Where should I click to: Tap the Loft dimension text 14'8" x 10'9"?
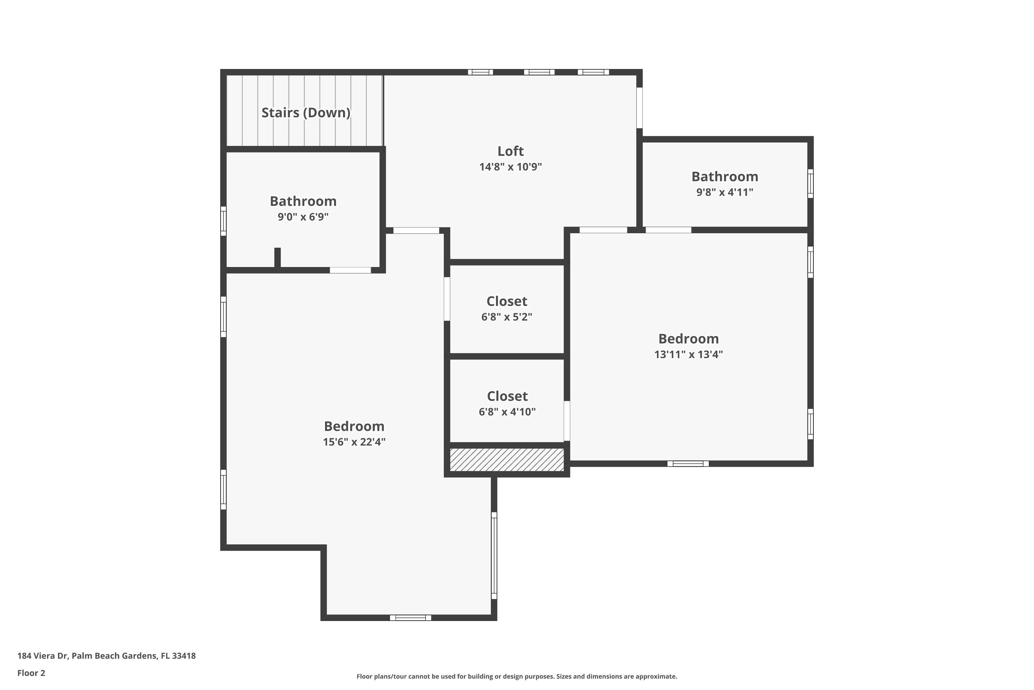click(x=510, y=167)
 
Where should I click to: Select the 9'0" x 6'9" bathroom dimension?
click(x=303, y=217)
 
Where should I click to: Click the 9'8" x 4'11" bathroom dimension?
click(x=724, y=192)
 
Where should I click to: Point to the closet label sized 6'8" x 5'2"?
click(x=506, y=302)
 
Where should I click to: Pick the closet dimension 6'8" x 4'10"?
click(x=507, y=412)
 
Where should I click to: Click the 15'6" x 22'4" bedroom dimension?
click(x=354, y=442)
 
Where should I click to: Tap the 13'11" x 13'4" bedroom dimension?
click(x=688, y=354)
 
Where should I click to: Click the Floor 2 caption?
click(x=31, y=673)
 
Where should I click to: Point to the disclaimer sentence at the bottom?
click(x=517, y=676)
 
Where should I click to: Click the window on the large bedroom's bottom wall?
click(x=410, y=618)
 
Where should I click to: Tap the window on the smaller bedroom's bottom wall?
click(x=688, y=463)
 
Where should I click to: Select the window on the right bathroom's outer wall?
click(x=810, y=184)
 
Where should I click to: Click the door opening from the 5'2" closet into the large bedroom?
click(x=447, y=299)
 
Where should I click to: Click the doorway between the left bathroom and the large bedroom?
click(x=351, y=270)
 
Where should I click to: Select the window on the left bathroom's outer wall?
click(x=223, y=221)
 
